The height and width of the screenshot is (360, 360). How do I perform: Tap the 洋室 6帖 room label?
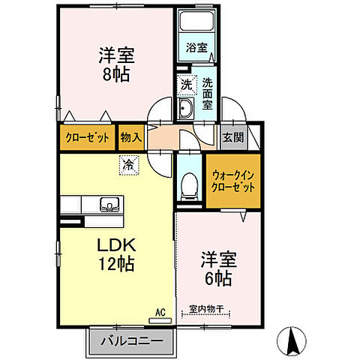217,268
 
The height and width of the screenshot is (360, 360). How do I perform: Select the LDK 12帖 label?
115,255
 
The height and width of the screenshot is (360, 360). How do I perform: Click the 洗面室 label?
208,95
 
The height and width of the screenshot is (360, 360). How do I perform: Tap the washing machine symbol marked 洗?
185,85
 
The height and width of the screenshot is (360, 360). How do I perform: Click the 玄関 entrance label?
232,136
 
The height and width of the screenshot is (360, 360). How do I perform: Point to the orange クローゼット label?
87,137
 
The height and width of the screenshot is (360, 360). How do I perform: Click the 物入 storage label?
130,137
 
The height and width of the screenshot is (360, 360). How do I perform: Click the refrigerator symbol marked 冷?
129,162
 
